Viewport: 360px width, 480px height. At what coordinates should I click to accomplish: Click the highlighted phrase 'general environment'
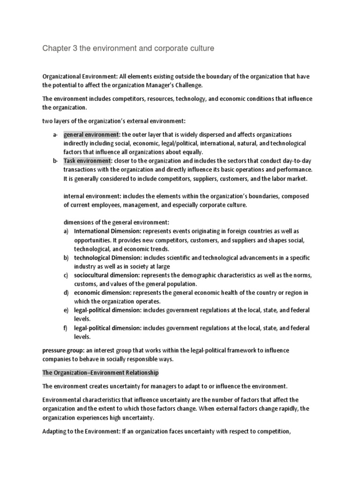(x=91, y=135)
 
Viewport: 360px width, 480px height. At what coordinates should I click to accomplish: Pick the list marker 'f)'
(x=66, y=328)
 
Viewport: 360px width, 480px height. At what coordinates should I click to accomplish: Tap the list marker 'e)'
(x=66, y=310)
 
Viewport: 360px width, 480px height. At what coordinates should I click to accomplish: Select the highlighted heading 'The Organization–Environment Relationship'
(x=101, y=373)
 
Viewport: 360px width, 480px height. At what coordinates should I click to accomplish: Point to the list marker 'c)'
(x=66, y=275)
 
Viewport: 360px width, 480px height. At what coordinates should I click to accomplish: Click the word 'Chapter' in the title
(x=55, y=48)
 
